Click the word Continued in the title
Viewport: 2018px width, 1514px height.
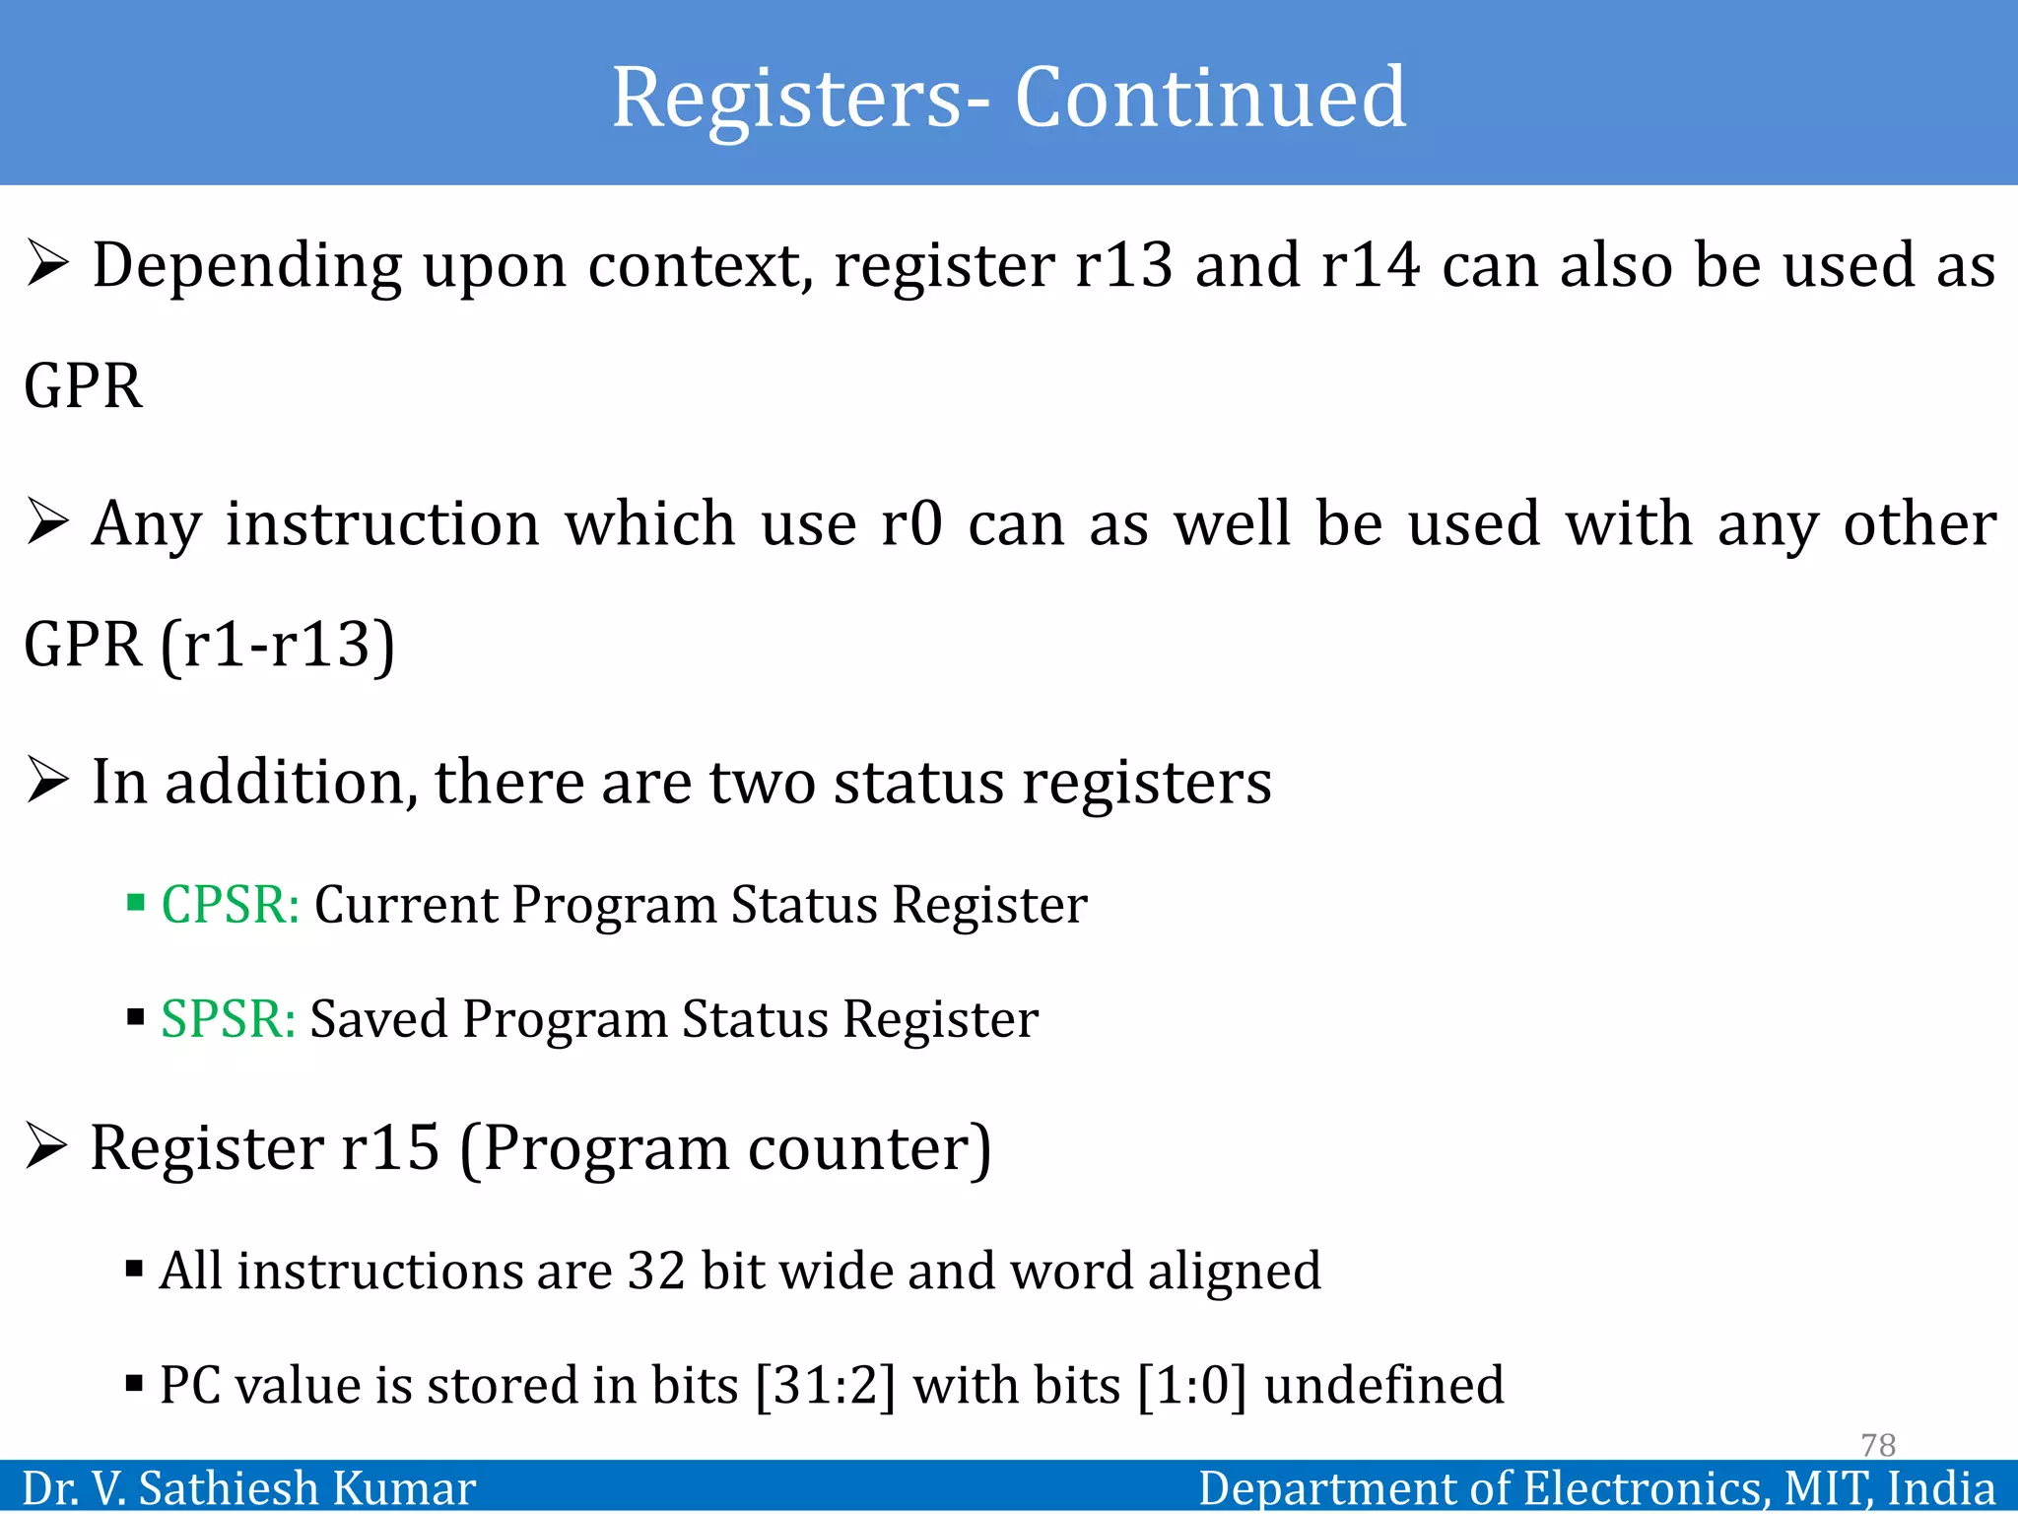click(1210, 98)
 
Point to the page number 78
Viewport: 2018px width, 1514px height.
click(1878, 1445)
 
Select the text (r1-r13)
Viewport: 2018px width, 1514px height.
click(278, 645)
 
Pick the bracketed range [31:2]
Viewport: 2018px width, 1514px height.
click(826, 1385)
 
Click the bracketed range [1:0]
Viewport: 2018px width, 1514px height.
click(1192, 1385)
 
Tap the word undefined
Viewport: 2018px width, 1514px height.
click(1384, 1385)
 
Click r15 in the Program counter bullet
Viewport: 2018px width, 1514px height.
click(390, 1148)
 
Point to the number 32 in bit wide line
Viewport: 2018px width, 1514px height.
click(656, 1271)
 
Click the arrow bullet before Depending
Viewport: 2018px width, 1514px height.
click(47, 264)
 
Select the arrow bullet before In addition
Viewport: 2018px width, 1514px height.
click(47, 781)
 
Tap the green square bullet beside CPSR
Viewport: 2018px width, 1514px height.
click(136, 902)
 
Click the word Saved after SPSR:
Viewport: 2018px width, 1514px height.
click(379, 1018)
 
